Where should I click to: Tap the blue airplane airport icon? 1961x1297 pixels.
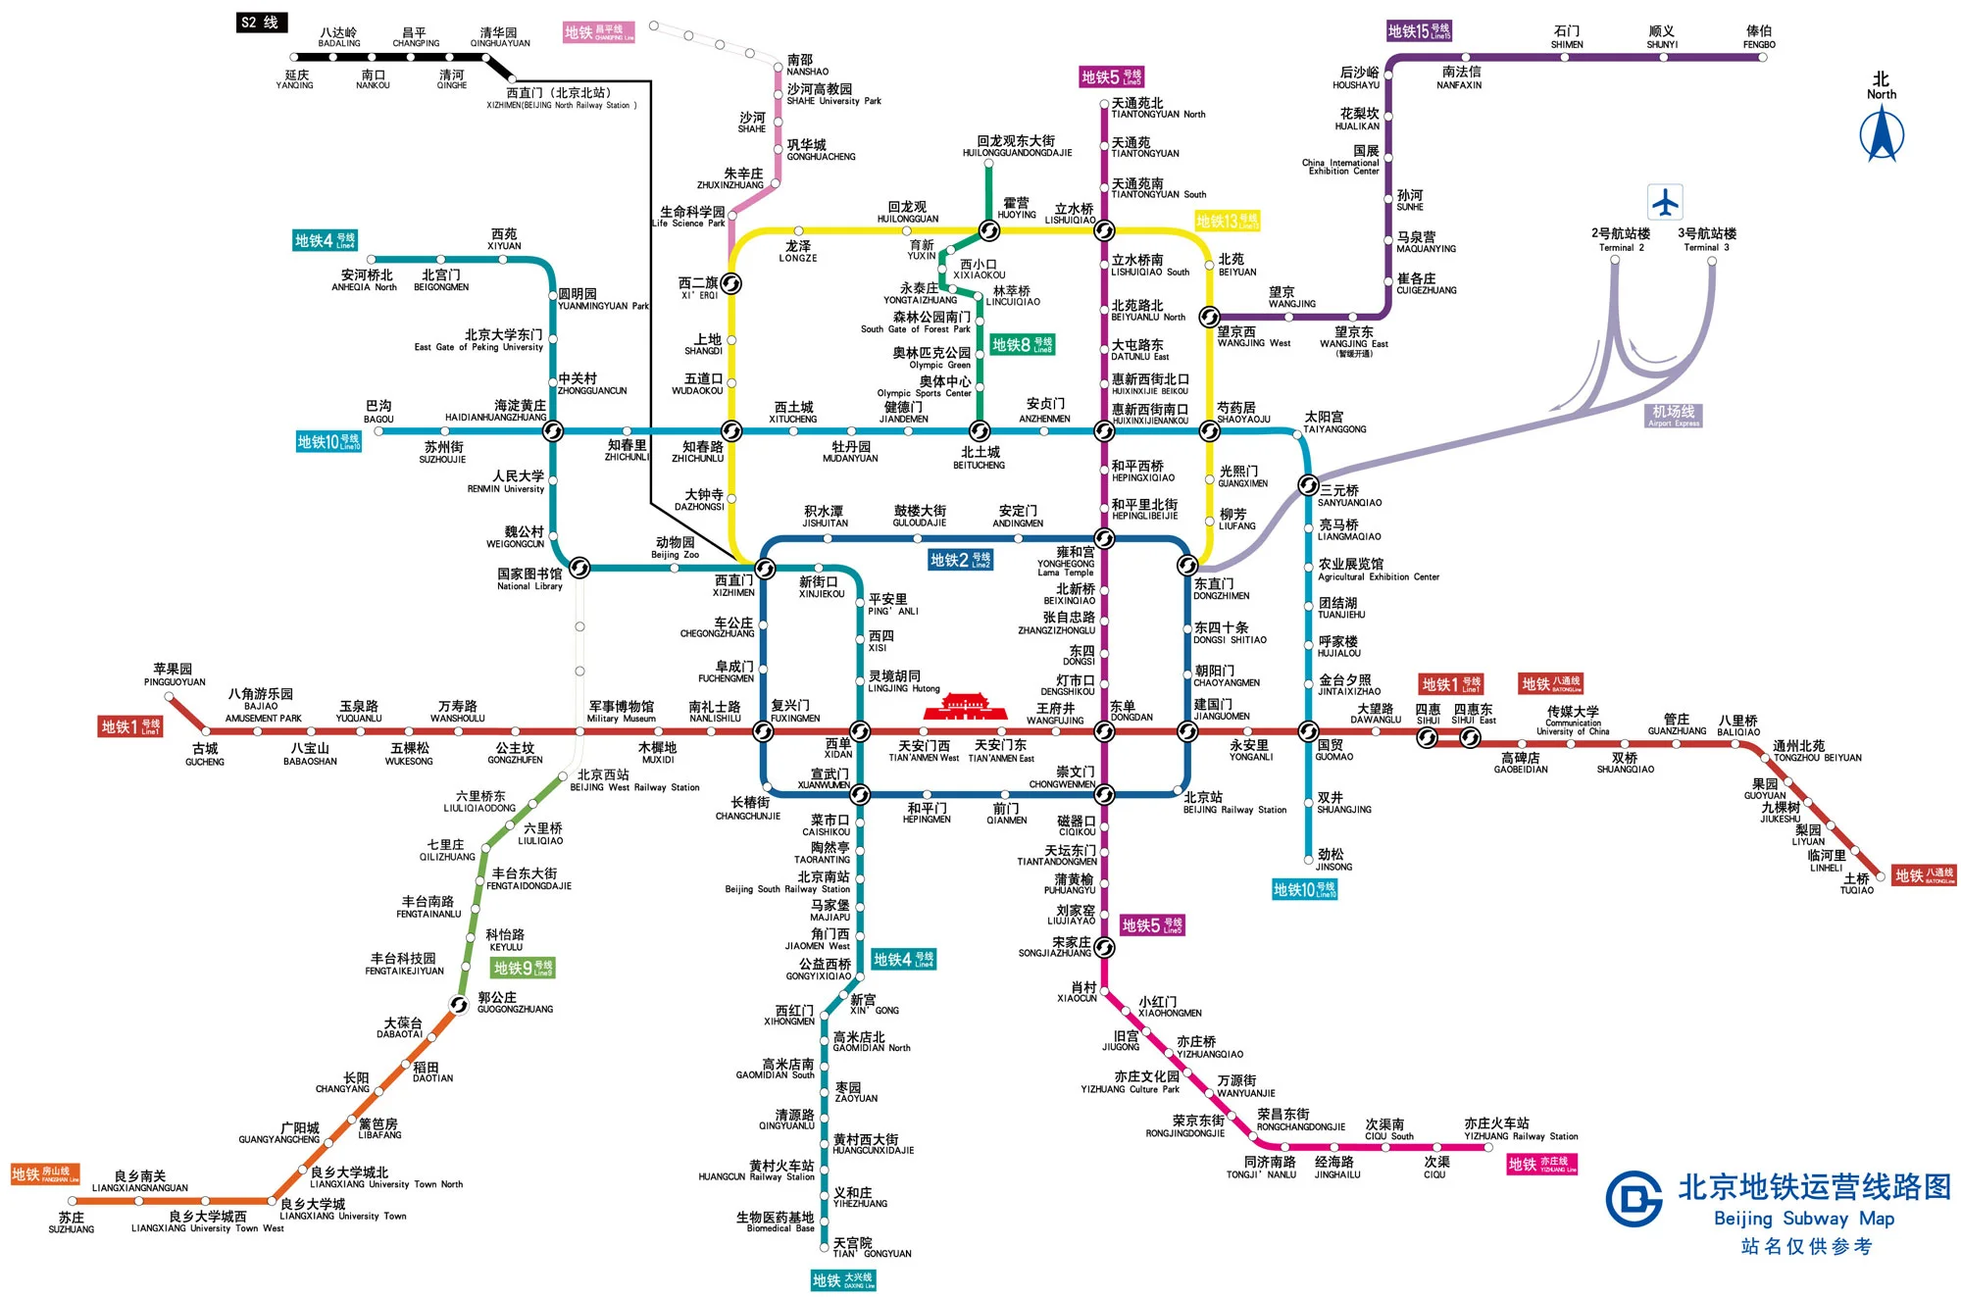tap(1665, 202)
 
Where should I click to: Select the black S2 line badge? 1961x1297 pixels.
tap(261, 23)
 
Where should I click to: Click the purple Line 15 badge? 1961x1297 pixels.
tap(1418, 31)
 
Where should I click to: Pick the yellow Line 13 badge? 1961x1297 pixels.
tap(1227, 222)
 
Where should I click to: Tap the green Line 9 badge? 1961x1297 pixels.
tap(524, 969)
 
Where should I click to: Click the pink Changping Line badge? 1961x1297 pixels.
tap(598, 32)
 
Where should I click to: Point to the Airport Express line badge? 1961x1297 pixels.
tap(1673, 415)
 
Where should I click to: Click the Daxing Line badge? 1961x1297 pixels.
tap(843, 1279)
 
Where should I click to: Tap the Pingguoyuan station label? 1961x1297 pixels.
tap(175, 674)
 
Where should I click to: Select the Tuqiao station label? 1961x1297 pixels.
tap(1856, 884)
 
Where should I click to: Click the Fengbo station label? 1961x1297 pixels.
tap(1759, 37)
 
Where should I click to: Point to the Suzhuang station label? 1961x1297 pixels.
tap(72, 1222)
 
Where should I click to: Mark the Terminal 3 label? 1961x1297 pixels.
tap(1706, 239)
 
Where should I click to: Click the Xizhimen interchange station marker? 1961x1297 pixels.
tap(765, 569)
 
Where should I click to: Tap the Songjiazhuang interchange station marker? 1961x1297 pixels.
tap(1104, 947)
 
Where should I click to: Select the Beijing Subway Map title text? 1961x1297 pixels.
tap(1814, 1187)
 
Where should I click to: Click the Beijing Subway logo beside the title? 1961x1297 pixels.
tap(1634, 1198)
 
